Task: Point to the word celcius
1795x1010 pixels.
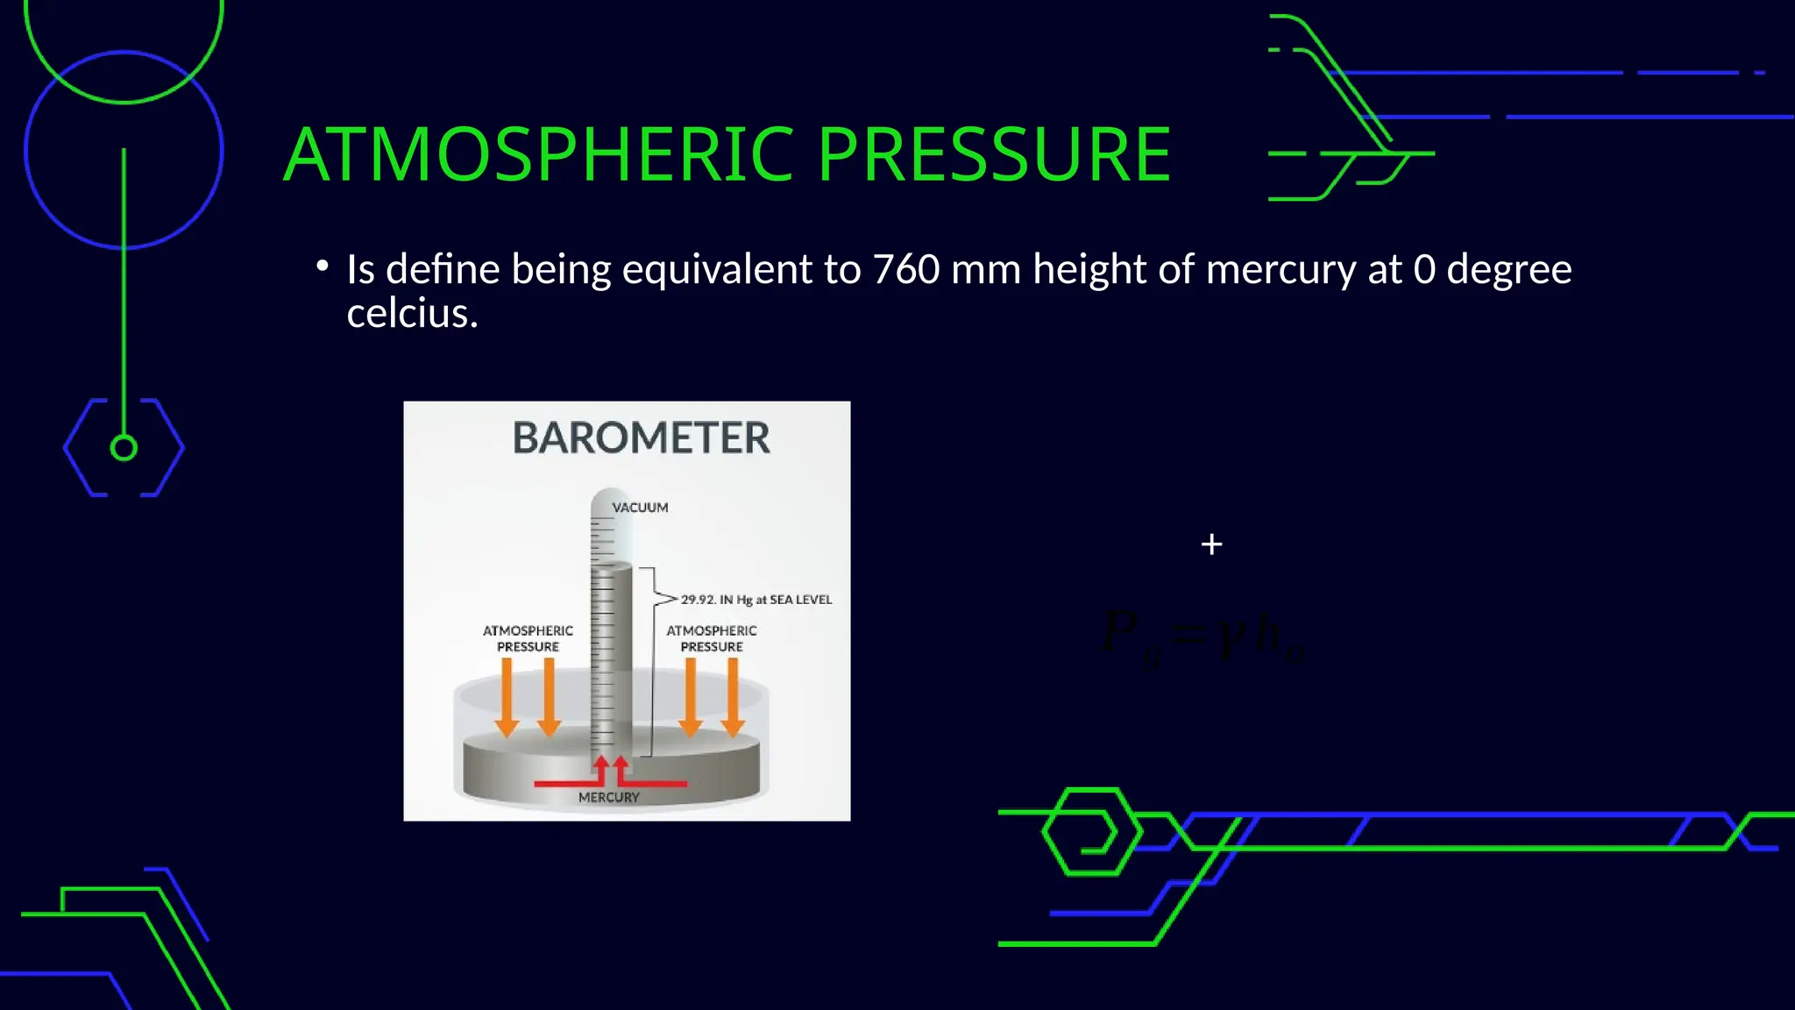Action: (412, 314)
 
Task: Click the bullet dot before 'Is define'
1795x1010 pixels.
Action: (323, 265)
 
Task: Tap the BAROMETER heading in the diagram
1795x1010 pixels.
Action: (641, 437)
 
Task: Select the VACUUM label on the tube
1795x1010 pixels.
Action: (640, 508)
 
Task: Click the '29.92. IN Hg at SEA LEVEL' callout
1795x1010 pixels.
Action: (756, 600)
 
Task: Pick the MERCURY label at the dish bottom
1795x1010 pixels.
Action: (609, 797)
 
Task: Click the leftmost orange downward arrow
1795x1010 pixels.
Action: (507, 698)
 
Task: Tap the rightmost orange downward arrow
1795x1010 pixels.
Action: (733, 698)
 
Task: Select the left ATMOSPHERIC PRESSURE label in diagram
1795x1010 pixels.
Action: (528, 638)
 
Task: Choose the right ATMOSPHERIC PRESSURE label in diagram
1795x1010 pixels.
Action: (712, 638)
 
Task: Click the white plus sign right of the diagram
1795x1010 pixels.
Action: (1211, 544)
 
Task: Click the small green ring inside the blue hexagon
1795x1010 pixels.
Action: (124, 448)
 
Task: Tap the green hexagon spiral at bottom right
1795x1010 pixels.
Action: (1090, 831)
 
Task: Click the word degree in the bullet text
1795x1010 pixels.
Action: (1508, 269)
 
